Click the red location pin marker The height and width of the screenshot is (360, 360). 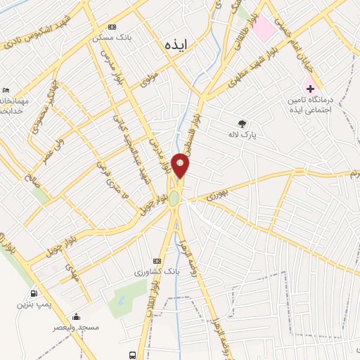click(181, 166)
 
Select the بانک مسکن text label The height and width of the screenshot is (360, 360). click(109, 37)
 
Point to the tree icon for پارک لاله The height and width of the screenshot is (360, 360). click(243, 124)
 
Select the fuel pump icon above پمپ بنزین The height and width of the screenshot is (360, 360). click(33, 294)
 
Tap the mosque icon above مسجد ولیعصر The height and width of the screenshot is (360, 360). click(76, 317)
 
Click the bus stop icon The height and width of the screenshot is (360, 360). click(133, 355)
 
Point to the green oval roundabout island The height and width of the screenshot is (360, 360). click(174, 198)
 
